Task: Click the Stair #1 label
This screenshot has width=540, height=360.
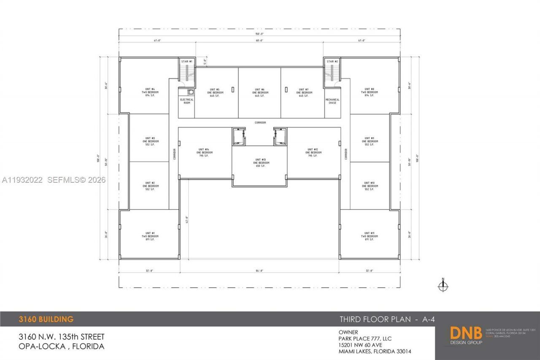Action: [187, 62]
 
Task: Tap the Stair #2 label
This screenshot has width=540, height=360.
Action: [332, 62]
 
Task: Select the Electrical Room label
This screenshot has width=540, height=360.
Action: [187, 101]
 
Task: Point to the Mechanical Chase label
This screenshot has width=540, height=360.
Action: [332, 101]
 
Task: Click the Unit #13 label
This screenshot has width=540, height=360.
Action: [259, 162]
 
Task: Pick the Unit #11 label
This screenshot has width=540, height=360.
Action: [369, 236]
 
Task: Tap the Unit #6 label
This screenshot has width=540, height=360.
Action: [259, 92]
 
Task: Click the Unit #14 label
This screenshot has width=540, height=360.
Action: [204, 152]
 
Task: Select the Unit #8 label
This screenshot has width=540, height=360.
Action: [369, 92]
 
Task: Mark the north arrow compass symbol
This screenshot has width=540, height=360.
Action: [443, 286]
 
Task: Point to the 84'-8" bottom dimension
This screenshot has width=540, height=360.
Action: [259, 271]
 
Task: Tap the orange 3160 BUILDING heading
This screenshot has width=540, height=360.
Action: [46, 319]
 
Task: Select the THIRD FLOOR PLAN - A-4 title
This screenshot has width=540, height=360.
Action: [387, 319]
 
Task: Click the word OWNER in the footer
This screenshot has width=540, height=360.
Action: [348, 333]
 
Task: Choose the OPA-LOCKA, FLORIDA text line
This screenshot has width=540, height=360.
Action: [61, 346]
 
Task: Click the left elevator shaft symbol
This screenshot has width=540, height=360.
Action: [239, 137]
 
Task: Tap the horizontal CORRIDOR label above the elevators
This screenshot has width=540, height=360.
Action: [260, 122]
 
